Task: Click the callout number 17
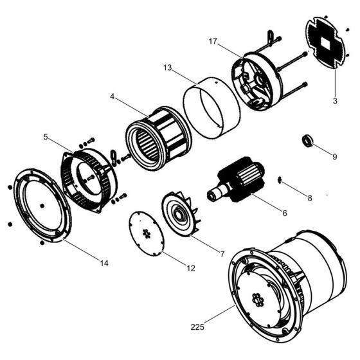(213, 41)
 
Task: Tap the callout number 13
(167, 67)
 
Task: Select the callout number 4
(112, 98)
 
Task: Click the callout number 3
(335, 100)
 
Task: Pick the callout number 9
(334, 156)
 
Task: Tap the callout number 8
(309, 198)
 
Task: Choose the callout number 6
(285, 213)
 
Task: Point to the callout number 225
(198, 327)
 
